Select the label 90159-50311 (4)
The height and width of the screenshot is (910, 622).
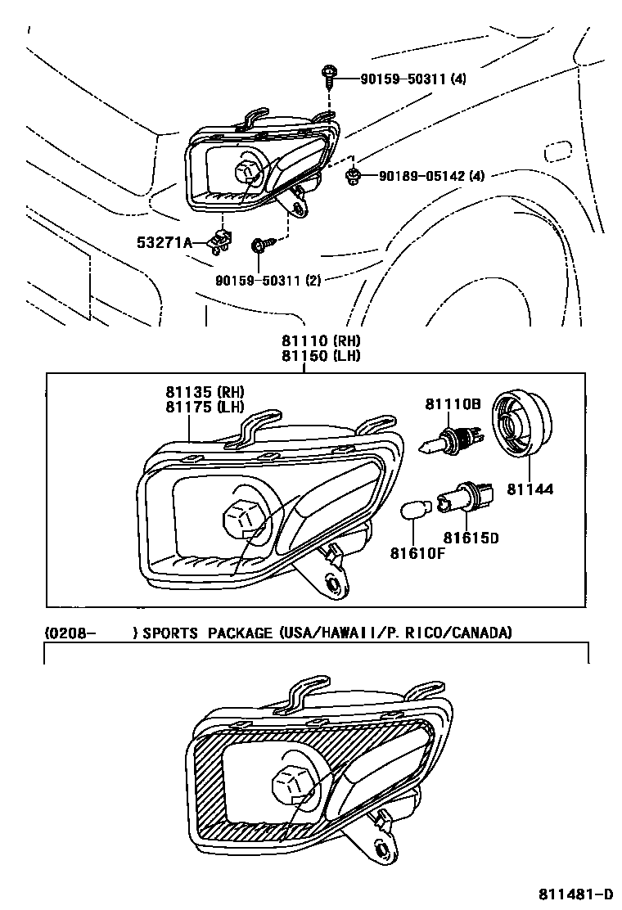click(x=413, y=79)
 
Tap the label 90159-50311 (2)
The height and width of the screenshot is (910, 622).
click(x=268, y=281)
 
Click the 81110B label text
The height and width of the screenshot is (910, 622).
click(x=452, y=403)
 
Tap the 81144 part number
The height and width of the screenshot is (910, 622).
click(x=531, y=489)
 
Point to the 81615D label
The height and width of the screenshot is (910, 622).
click(x=471, y=538)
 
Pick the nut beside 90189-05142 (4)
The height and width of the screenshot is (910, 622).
click(x=354, y=174)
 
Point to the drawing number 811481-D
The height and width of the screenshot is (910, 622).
click(x=575, y=893)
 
